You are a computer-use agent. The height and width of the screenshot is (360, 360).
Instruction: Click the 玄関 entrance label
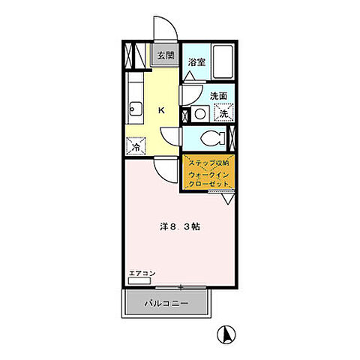pos(166,55)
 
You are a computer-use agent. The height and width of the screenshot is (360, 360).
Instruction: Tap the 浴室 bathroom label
pos(196,62)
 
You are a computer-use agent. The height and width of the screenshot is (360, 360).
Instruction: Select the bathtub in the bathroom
pos(223,61)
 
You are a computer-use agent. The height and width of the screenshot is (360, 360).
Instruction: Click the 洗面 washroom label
pos(218,96)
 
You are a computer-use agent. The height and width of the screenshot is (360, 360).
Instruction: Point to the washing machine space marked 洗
pos(223,112)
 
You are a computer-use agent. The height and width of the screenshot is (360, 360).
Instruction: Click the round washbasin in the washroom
pos(200,114)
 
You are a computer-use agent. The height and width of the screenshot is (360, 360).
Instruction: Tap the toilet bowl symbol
pos(213,138)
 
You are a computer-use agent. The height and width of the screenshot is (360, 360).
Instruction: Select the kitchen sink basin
pos(136,109)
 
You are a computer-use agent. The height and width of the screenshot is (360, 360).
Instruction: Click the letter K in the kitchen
pos(161,110)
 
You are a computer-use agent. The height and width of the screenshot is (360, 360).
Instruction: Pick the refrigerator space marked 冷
pos(136,146)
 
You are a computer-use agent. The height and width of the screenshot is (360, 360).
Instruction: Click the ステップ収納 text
pos(208,163)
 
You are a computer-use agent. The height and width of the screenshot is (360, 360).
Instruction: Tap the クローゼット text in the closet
pos(208,184)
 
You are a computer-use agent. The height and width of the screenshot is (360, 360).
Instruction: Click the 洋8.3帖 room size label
pos(180,226)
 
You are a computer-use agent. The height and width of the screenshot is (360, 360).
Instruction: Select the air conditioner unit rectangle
pos(139,280)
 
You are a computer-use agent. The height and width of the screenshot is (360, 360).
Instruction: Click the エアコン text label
pos(142,273)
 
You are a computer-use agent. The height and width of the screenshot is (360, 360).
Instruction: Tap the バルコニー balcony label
pos(166,304)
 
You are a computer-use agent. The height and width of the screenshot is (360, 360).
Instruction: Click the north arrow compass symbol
pos(226,334)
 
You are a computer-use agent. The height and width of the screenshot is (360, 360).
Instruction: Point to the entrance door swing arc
pos(171,22)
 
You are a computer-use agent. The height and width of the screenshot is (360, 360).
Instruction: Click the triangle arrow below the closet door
pos(228,199)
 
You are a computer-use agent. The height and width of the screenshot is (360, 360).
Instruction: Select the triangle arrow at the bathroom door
pos(189,76)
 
